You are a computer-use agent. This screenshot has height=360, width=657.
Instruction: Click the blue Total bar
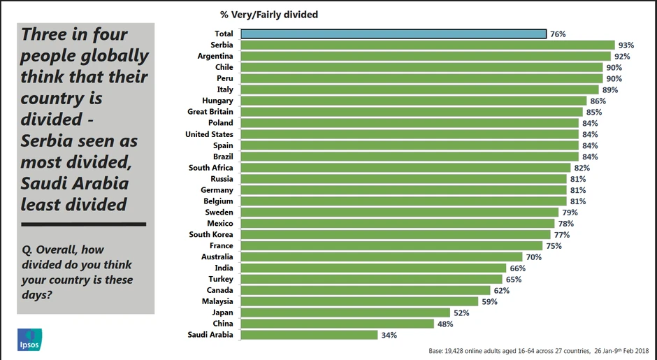(394, 34)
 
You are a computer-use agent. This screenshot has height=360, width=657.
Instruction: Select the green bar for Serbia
(428, 45)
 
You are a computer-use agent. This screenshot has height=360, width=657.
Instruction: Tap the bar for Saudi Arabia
(310, 335)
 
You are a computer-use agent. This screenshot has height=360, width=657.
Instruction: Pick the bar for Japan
(345, 312)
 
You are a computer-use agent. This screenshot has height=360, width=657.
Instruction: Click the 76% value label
(558, 34)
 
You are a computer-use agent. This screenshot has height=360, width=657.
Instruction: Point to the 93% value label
(626, 45)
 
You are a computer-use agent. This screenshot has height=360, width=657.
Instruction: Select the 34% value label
(389, 335)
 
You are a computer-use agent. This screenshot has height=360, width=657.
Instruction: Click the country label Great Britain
(210, 112)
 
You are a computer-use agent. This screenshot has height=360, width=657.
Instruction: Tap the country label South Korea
(211, 234)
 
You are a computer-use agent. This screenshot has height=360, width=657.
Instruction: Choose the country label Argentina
(215, 56)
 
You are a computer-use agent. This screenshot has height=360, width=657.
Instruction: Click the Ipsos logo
(30, 339)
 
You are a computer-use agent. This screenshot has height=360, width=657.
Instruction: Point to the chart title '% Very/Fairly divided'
(269, 14)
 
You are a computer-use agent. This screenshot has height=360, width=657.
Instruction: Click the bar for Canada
(366, 290)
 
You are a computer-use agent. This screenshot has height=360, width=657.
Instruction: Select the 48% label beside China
(445, 324)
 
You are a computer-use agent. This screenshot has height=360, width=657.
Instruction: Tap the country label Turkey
(221, 279)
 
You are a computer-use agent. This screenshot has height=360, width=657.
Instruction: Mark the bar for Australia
(382, 257)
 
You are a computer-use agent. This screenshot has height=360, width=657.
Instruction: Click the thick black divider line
(84, 224)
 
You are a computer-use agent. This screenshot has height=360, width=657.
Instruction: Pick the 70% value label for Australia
(534, 257)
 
